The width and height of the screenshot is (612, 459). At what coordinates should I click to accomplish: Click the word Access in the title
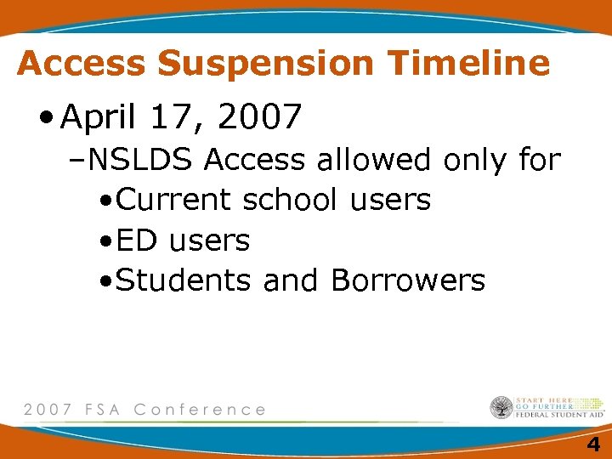[x=82, y=63]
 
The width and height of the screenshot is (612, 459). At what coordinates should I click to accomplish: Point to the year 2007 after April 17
[x=259, y=117]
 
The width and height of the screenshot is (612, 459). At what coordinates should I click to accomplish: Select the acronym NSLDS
[x=141, y=159]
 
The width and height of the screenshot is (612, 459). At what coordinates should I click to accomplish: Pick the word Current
[x=173, y=200]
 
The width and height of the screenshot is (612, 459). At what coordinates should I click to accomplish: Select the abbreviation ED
[x=137, y=241]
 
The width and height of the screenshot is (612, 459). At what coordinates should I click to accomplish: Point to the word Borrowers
[x=408, y=280]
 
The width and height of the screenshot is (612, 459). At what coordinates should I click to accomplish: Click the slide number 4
[x=592, y=444]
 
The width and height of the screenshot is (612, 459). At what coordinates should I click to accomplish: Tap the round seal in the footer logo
[x=501, y=408]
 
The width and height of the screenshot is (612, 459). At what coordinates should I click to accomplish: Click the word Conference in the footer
[x=200, y=409]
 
